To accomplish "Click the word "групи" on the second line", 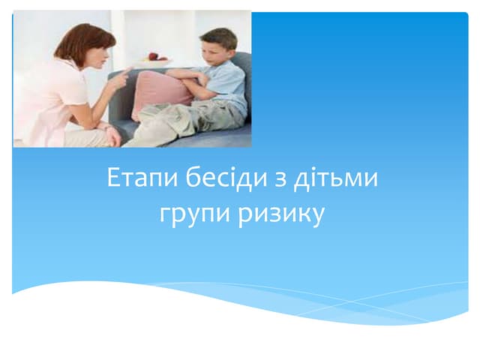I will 192,215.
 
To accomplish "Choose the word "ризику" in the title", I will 282,215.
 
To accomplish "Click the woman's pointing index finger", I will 128,70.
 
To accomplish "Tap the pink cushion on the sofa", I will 161,93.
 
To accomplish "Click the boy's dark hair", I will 220,36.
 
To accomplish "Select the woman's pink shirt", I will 45,97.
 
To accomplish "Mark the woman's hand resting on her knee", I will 112,136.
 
